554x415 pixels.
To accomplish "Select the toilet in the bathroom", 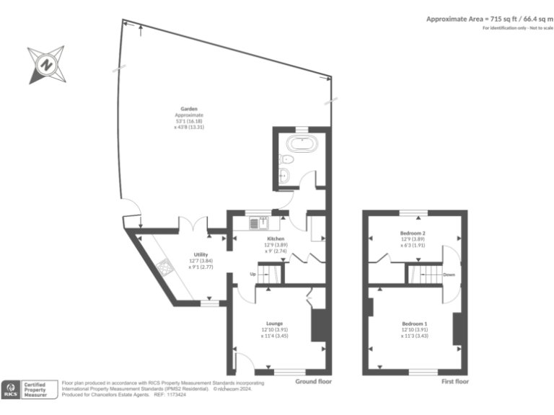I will [x=286, y=159].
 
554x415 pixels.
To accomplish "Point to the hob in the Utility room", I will [x=165, y=269].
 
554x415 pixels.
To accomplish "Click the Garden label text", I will [x=189, y=109].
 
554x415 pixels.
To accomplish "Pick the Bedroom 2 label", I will [x=413, y=233].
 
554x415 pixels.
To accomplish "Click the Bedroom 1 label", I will [x=415, y=323].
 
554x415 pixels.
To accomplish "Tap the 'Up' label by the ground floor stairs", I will [x=252, y=274].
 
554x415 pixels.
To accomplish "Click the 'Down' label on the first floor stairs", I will [x=448, y=275].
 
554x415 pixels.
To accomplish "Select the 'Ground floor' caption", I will [x=314, y=381].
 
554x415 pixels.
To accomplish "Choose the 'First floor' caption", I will [x=454, y=381].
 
